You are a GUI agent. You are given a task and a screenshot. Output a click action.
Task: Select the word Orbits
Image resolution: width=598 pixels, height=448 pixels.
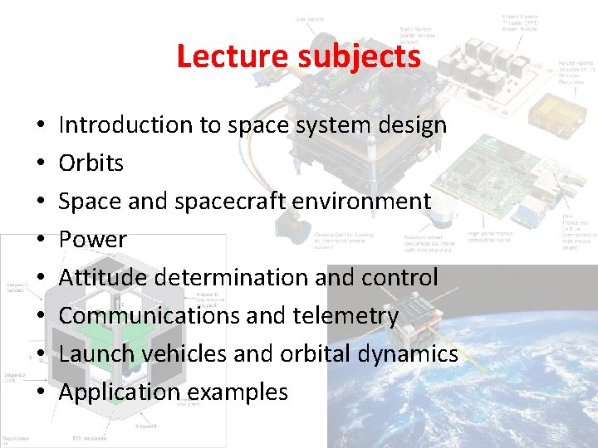[x=91, y=163]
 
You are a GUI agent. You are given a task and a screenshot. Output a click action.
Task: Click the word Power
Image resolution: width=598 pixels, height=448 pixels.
[x=93, y=240]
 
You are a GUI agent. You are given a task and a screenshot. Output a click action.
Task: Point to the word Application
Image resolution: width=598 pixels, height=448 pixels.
[x=112, y=392]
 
